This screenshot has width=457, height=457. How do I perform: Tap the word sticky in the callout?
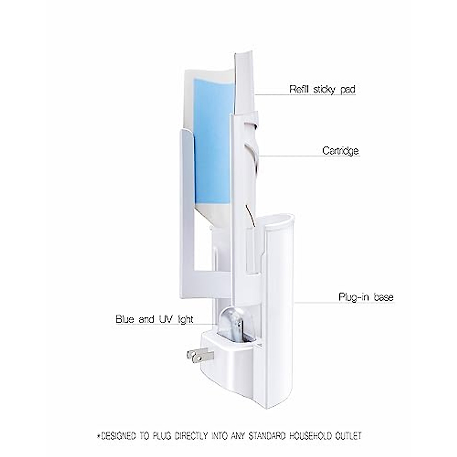[323, 90]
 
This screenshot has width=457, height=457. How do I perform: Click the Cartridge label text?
[340, 151]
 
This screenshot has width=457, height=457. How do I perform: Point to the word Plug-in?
[354, 297]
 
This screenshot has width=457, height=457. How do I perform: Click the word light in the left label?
[184, 319]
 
